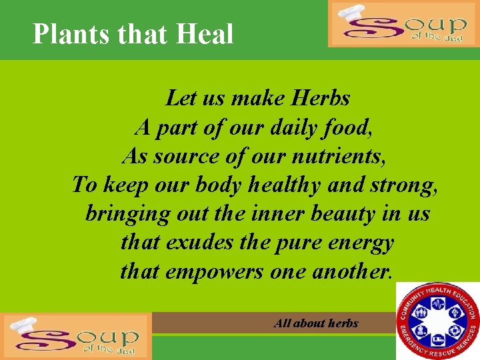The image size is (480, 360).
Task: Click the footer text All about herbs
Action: (x=316, y=323)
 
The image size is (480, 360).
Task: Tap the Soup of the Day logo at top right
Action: (x=403, y=24)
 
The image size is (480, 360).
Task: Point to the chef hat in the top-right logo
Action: (x=353, y=13)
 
